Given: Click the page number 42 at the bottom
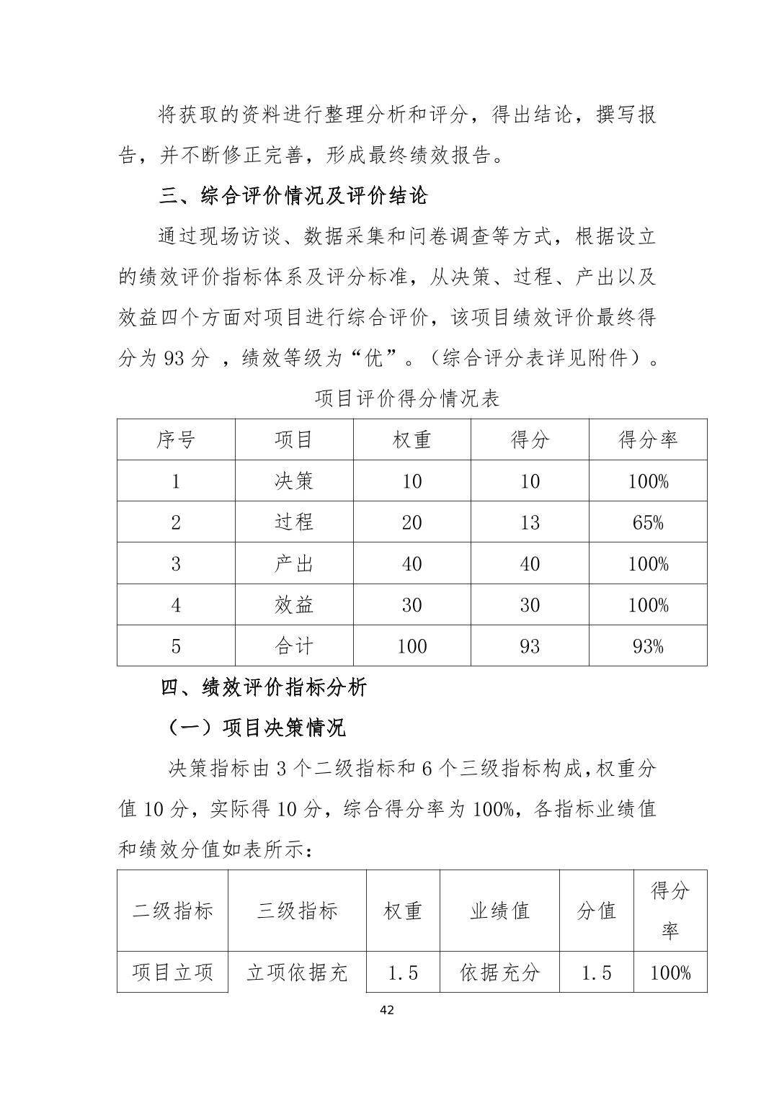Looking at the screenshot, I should (x=386, y=1009).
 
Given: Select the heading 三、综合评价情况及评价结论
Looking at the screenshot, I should (x=293, y=196).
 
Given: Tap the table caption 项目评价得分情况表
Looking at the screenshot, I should (x=407, y=398).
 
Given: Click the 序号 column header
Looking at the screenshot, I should (x=176, y=439).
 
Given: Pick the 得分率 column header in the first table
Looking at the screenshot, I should (x=648, y=439).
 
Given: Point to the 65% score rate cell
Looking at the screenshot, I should (x=648, y=522).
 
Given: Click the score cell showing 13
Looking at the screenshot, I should (x=530, y=522).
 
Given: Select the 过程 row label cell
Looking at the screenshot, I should (x=294, y=522).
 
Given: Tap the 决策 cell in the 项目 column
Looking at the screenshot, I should (x=294, y=481).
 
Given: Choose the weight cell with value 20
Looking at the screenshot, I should (x=412, y=522).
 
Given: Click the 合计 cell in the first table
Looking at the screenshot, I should (x=294, y=646).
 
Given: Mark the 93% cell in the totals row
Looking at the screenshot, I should (x=648, y=646).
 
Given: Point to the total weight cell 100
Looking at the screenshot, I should (x=412, y=646).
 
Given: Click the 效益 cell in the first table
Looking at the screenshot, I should (x=294, y=605).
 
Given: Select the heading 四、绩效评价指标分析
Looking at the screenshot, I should (x=263, y=687).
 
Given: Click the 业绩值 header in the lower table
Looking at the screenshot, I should (x=499, y=911).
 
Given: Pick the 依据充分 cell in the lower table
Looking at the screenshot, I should (x=499, y=973).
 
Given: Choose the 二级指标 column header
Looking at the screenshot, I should (x=173, y=911).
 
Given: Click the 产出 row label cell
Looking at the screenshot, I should (x=294, y=563).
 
